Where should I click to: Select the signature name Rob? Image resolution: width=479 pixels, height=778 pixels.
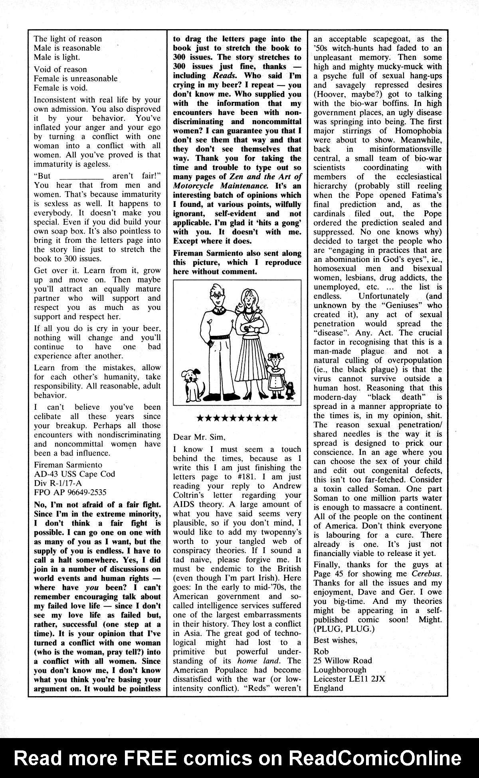(320, 651)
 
